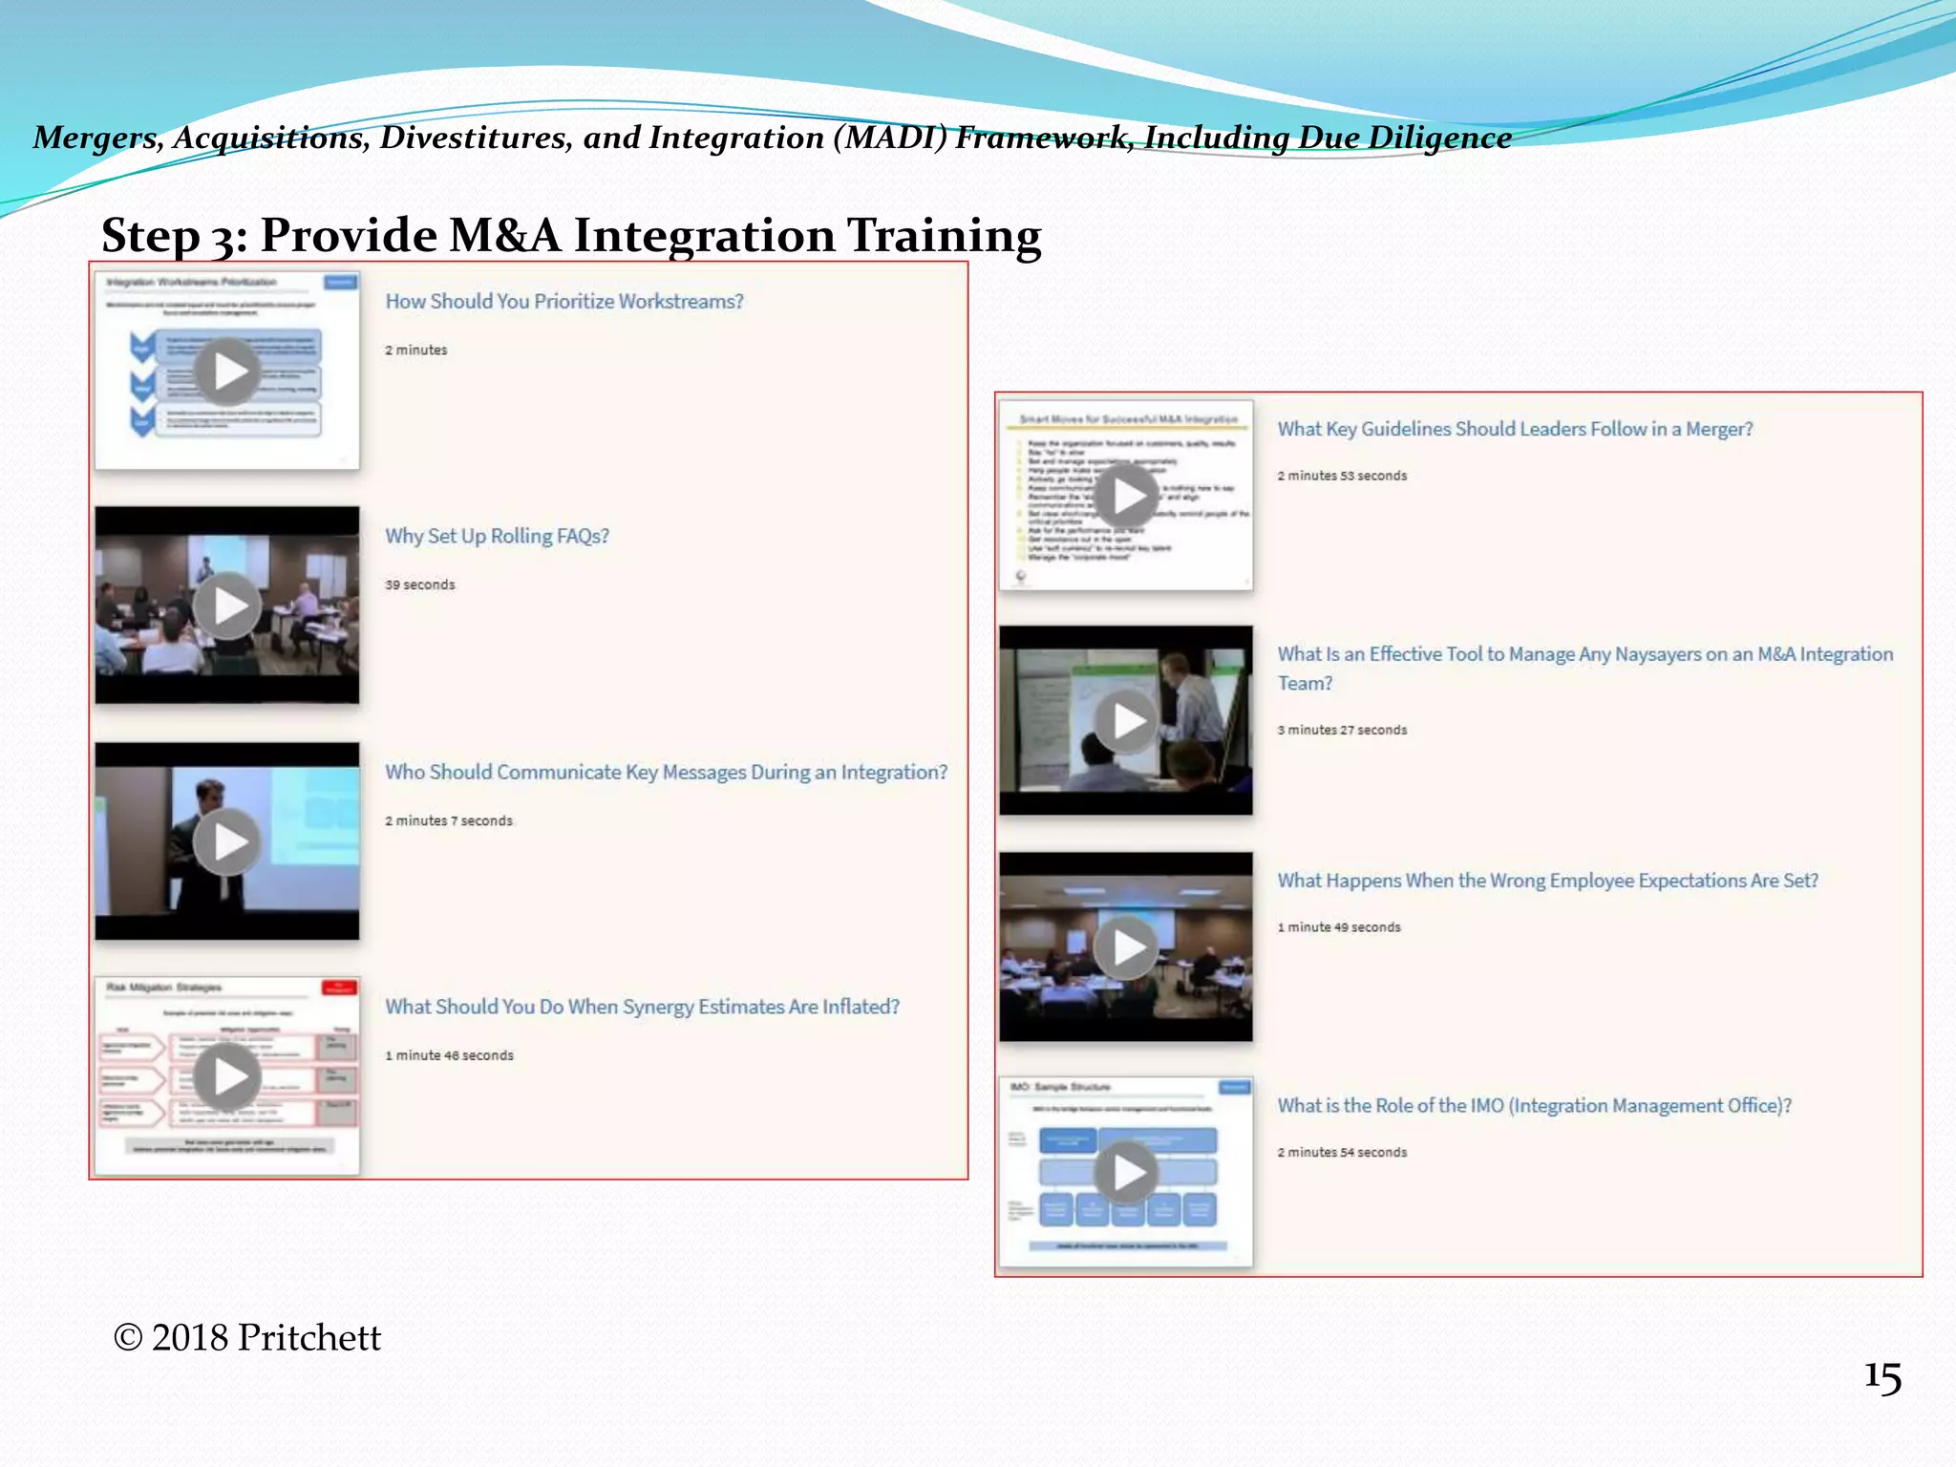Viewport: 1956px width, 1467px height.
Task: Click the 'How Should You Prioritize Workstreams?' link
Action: coord(563,301)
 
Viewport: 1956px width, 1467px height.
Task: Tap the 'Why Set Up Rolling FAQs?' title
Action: coord(497,536)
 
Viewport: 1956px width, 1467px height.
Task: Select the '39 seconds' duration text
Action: coord(419,585)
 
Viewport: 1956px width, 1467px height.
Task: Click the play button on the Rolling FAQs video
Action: coord(227,606)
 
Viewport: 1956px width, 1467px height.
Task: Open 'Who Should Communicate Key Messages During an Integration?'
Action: coord(666,772)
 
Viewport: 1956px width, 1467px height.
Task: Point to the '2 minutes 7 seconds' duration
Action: coord(448,820)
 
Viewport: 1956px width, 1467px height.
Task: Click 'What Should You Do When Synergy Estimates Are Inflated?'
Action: coord(642,1007)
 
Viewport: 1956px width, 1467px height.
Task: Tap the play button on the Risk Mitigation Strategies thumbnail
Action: coord(227,1076)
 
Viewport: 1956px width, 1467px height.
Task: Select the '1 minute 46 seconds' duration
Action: coord(449,1055)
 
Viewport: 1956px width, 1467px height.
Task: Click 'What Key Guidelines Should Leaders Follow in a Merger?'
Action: coord(1515,429)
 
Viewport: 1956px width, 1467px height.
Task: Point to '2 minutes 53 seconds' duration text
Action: coord(1342,476)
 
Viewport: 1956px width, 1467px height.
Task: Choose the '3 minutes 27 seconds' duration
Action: coord(1342,730)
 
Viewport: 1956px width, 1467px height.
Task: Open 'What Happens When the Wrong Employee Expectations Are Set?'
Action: coord(1547,881)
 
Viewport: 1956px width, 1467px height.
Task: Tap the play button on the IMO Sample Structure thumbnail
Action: coord(1126,1172)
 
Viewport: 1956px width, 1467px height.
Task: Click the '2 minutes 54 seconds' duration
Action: coord(1342,1153)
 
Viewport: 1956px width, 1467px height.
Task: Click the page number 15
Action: coord(1882,1377)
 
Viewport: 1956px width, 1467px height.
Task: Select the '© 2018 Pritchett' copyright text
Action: coord(246,1337)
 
